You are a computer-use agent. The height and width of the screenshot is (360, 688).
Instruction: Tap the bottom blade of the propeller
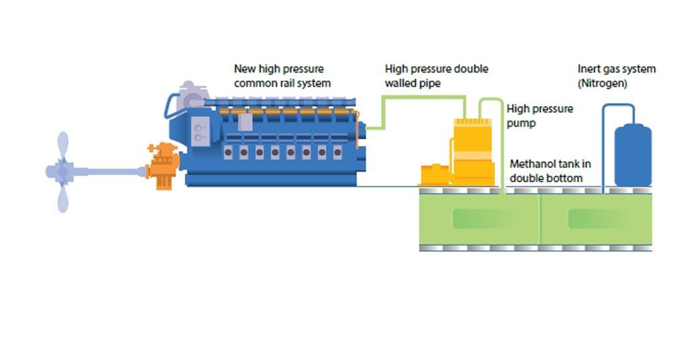click(x=62, y=198)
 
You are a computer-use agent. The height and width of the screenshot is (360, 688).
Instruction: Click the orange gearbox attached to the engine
click(x=163, y=167)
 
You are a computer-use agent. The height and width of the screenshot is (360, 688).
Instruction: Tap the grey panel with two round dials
click(x=200, y=130)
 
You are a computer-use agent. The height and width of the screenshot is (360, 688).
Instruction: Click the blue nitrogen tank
click(x=632, y=156)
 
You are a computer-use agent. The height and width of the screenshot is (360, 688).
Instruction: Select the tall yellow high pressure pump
click(x=473, y=152)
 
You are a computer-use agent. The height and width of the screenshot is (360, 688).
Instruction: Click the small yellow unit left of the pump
click(x=434, y=175)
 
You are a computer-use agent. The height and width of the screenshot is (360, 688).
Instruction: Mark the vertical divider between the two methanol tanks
click(x=540, y=219)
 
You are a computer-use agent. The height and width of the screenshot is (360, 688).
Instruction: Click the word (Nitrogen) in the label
click(x=603, y=83)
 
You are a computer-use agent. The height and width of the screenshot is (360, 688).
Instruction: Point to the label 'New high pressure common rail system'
click(x=282, y=76)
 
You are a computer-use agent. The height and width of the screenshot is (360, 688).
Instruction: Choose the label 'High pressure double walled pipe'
click(x=436, y=76)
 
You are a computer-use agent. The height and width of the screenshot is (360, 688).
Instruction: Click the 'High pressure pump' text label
click(x=540, y=116)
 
